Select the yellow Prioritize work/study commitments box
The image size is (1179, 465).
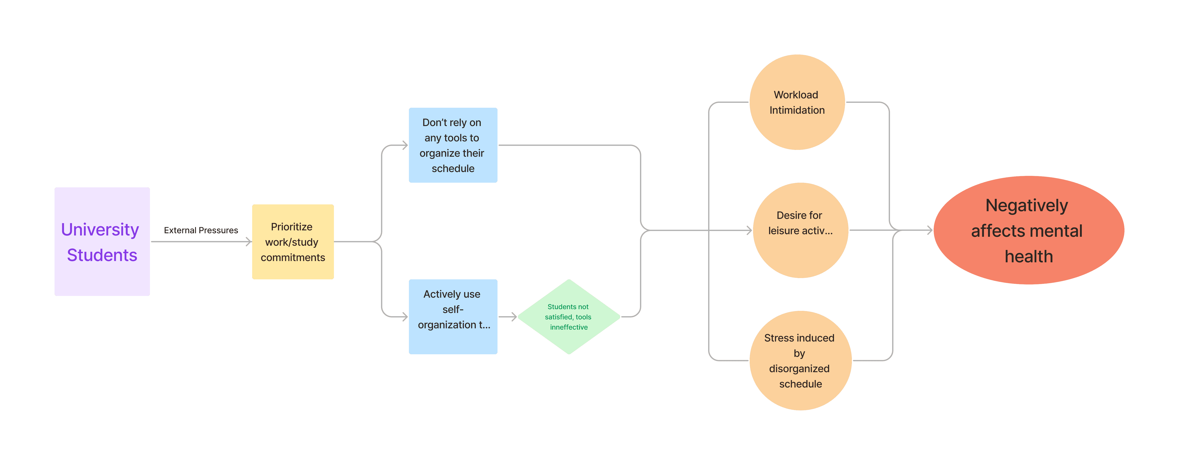tap(293, 242)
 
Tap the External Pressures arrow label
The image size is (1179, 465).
tap(201, 230)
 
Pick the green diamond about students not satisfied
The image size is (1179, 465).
tap(569, 317)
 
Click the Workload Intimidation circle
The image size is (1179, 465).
tap(797, 102)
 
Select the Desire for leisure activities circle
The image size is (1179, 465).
tap(801, 230)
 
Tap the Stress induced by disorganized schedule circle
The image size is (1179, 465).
tap(801, 361)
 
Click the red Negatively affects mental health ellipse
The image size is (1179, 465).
tap(1029, 230)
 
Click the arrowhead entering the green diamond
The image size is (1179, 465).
tap(514, 317)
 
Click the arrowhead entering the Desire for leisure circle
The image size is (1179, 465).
tap(749, 230)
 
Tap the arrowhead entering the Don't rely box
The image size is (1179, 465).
tap(405, 145)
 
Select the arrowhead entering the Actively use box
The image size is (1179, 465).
tap(405, 317)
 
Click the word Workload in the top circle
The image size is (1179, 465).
tap(796, 95)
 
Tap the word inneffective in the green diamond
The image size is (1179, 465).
tap(569, 327)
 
